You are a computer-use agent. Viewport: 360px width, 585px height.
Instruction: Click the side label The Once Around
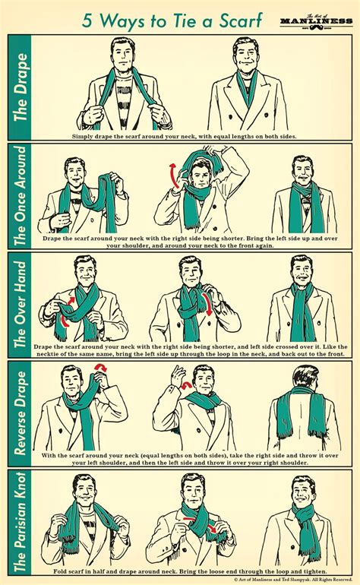point(21,197)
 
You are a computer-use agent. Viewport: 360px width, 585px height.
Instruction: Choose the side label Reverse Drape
point(21,414)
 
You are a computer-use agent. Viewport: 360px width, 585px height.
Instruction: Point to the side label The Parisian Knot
point(21,523)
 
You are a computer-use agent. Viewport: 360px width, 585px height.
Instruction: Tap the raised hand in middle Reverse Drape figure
point(180,374)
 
